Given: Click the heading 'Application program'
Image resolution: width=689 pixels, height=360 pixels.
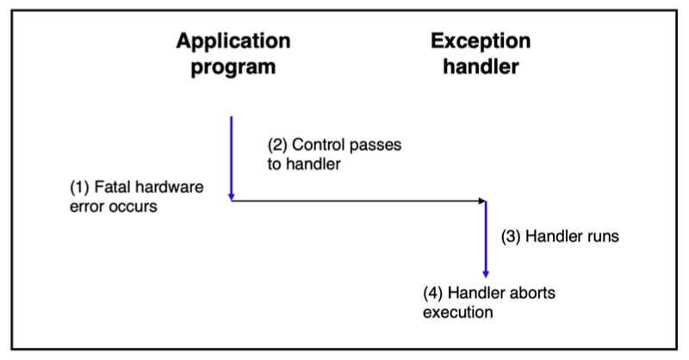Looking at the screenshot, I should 233,53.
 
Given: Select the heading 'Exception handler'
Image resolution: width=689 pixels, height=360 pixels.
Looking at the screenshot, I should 481,53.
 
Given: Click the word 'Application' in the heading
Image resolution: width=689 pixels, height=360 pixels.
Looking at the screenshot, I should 233,41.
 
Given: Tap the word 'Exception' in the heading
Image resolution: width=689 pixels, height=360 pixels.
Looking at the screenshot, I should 481,41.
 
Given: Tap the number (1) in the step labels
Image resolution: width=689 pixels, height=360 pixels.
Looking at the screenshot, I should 79,187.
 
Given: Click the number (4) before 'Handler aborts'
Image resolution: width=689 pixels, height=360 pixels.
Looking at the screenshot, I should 433,293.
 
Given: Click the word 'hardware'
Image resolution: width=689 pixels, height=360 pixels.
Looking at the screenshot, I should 167,187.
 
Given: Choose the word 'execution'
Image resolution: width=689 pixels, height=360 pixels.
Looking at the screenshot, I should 457,312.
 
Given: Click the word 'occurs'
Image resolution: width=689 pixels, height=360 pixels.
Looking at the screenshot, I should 136,206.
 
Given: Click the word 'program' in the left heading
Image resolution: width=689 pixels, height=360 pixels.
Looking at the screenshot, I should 233,66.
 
